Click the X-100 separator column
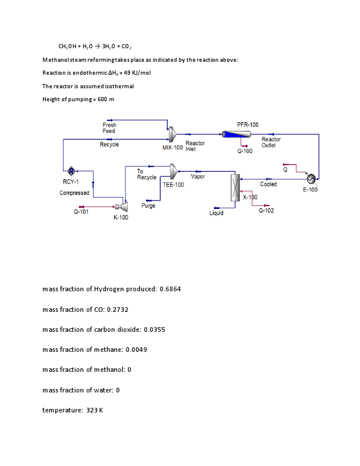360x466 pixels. (x=235, y=188)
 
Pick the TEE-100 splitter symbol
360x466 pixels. (x=174, y=171)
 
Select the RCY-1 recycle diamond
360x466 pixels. (x=71, y=171)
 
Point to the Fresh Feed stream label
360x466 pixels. (x=109, y=128)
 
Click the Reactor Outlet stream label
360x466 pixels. (x=271, y=142)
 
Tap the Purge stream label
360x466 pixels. (x=148, y=206)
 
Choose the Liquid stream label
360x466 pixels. (x=216, y=213)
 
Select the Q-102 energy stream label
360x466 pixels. (x=266, y=211)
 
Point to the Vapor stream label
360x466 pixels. (x=198, y=177)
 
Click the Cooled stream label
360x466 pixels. (x=268, y=184)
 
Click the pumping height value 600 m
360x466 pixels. (x=102, y=99)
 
